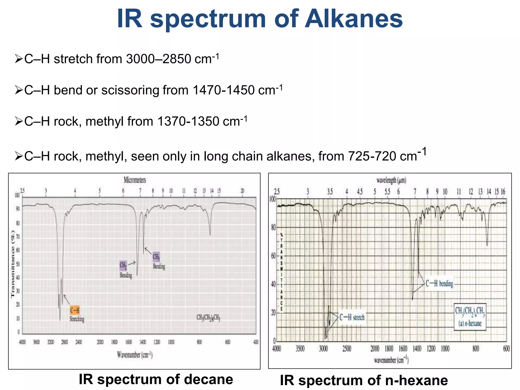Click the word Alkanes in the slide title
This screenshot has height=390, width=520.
(x=353, y=19)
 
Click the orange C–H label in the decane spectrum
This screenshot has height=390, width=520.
(x=75, y=310)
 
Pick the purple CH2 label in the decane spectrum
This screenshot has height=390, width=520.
(x=123, y=266)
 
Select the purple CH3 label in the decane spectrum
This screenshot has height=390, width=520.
(x=156, y=257)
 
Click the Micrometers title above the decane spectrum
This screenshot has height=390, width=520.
(x=135, y=180)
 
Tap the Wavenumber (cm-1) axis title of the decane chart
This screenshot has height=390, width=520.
(x=135, y=354)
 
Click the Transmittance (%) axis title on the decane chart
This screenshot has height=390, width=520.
(x=13, y=264)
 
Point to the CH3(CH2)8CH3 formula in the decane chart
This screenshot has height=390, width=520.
(x=208, y=317)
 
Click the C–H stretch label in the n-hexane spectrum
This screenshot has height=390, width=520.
(x=352, y=317)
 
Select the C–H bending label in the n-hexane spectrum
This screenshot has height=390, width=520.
(x=439, y=283)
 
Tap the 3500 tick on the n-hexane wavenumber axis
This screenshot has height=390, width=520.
(x=300, y=349)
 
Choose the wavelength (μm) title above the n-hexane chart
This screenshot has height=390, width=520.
(x=391, y=180)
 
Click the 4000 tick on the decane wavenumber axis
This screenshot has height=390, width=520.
(x=22, y=342)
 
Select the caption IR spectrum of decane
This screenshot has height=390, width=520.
(x=156, y=379)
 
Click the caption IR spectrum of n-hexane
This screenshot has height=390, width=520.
(x=364, y=380)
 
